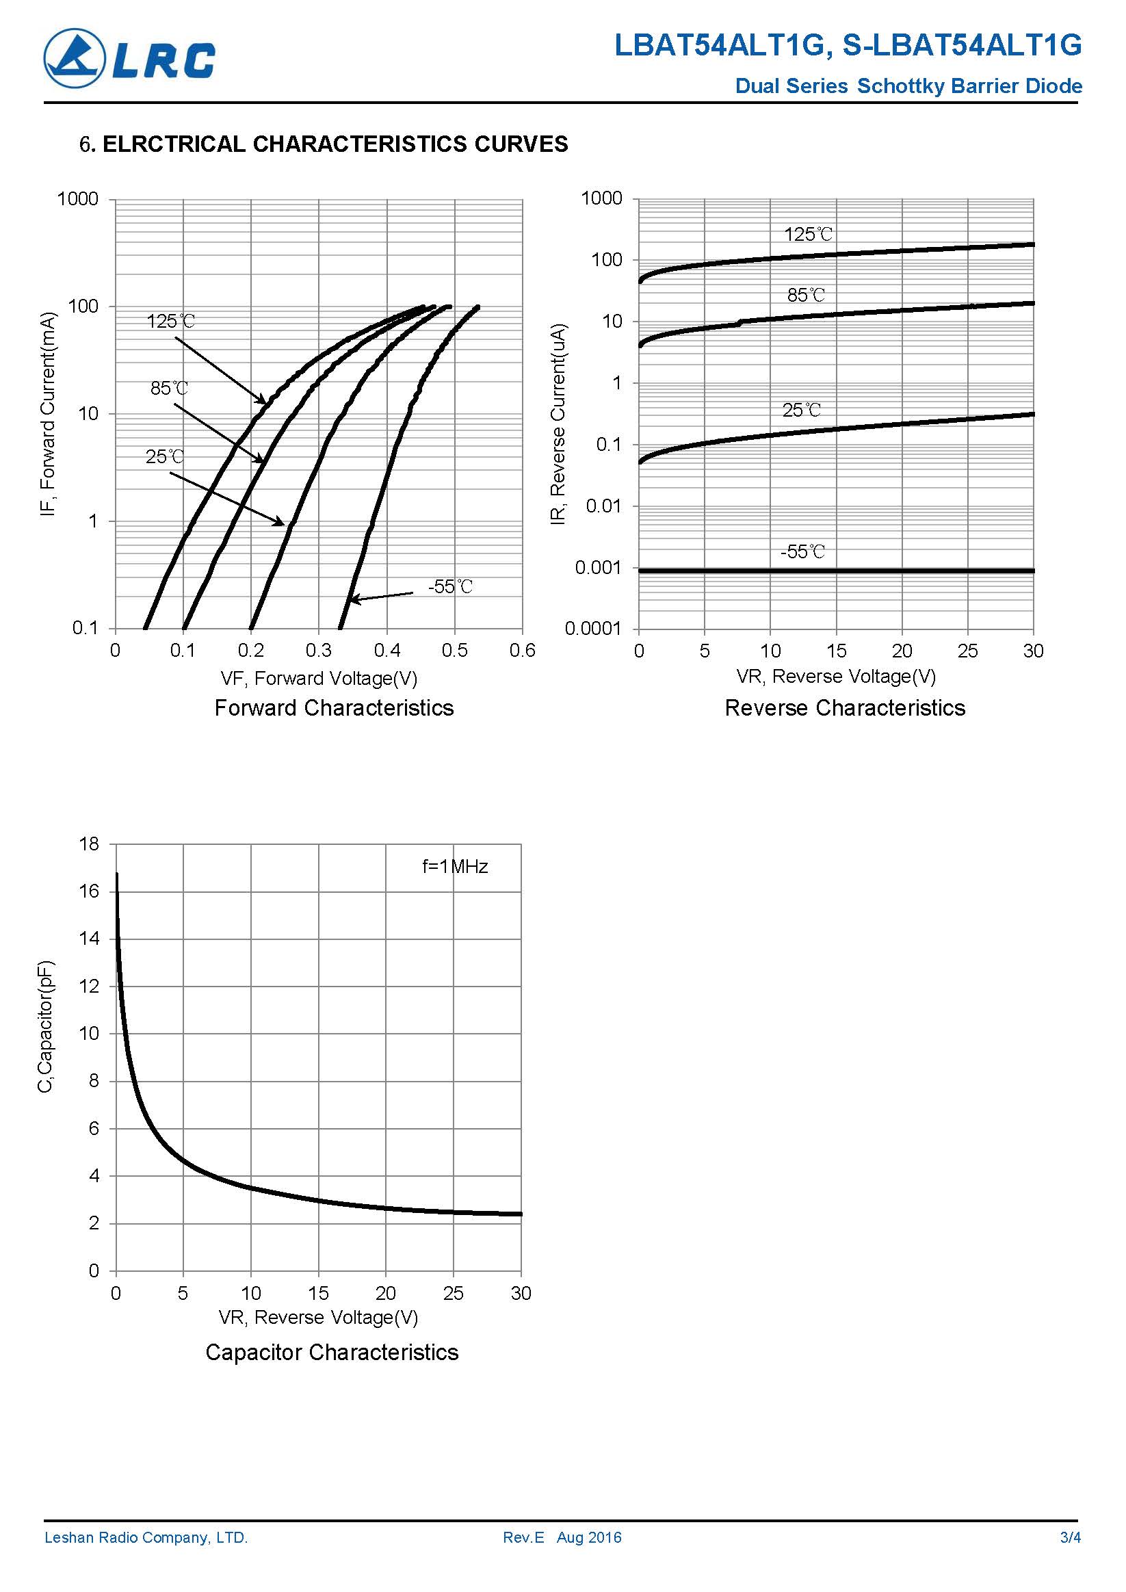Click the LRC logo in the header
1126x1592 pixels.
[130, 59]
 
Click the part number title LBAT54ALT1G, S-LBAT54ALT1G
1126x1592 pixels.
[848, 46]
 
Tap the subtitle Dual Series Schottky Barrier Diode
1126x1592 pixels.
[908, 86]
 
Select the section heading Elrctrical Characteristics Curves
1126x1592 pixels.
[324, 144]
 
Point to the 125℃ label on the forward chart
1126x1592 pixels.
[170, 321]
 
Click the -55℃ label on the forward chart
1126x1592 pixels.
[450, 586]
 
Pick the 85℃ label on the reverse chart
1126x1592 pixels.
[806, 296]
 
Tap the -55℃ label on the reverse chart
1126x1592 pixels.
[803, 552]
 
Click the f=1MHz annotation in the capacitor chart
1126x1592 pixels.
[455, 867]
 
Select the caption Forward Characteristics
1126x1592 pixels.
[334, 707]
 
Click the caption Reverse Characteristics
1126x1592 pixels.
[844, 707]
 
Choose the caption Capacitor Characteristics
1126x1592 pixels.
[331, 1352]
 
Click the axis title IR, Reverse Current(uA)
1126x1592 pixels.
[558, 424]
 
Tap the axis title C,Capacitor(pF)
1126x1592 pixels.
[45, 1027]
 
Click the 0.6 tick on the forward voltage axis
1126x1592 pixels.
[522, 651]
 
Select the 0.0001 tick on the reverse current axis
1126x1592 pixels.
[594, 629]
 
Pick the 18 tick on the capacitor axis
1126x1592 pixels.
[90, 844]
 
